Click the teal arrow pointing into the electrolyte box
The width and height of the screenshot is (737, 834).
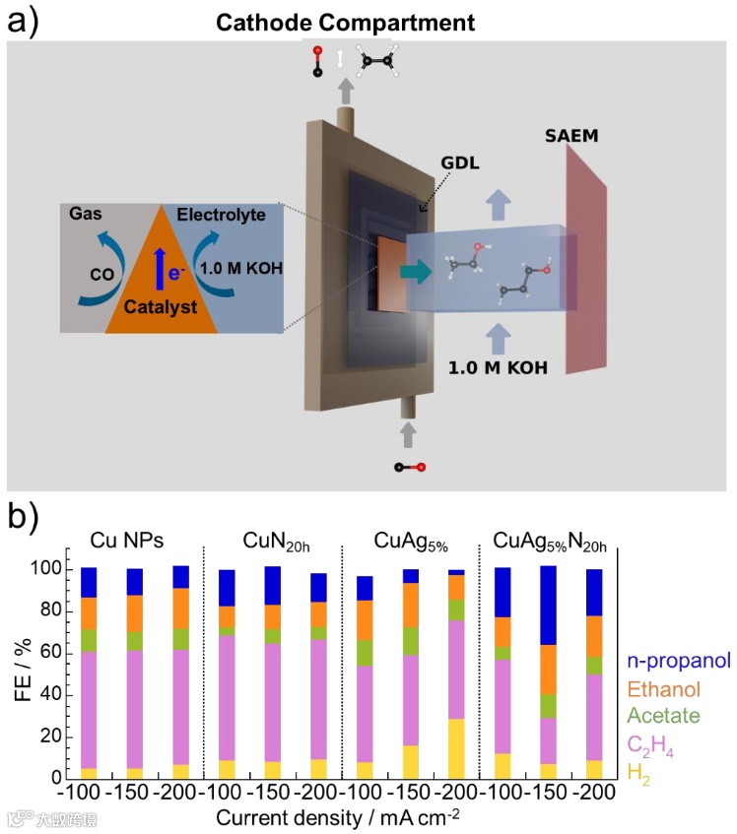(x=421, y=267)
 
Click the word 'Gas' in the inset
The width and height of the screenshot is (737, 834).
(x=86, y=213)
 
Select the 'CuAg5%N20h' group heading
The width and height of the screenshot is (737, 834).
(x=547, y=541)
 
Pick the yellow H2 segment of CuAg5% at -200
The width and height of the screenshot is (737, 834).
(x=455, y=748)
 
